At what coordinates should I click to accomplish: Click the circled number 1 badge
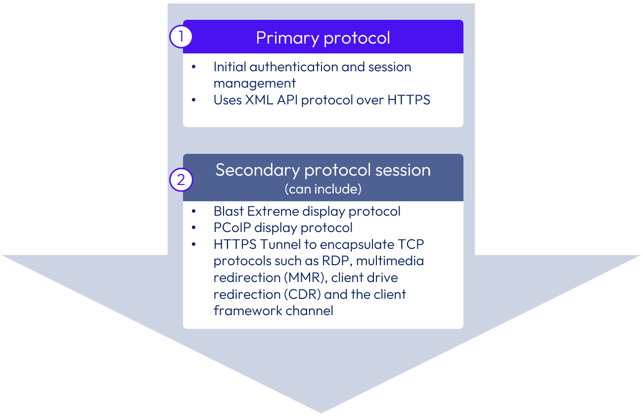click(181, 37)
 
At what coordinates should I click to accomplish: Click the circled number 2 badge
click(181, 180)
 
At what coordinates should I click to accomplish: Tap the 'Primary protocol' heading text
click(323, 38)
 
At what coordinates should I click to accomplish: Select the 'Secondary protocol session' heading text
click(323, 170)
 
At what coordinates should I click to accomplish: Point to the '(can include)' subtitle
click(323, 189)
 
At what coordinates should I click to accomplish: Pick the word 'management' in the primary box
click(255, 83)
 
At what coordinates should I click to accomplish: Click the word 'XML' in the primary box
click(257, 100)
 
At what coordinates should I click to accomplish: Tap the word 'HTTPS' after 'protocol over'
click(409, 100)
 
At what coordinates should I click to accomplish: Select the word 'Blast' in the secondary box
click(229, 211)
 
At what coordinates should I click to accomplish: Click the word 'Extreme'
click(271, 211)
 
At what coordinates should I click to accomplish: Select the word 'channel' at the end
click(310, 311)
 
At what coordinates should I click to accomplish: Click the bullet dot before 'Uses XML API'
click(194, 100)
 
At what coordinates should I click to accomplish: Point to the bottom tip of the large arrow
click(321, 412)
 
